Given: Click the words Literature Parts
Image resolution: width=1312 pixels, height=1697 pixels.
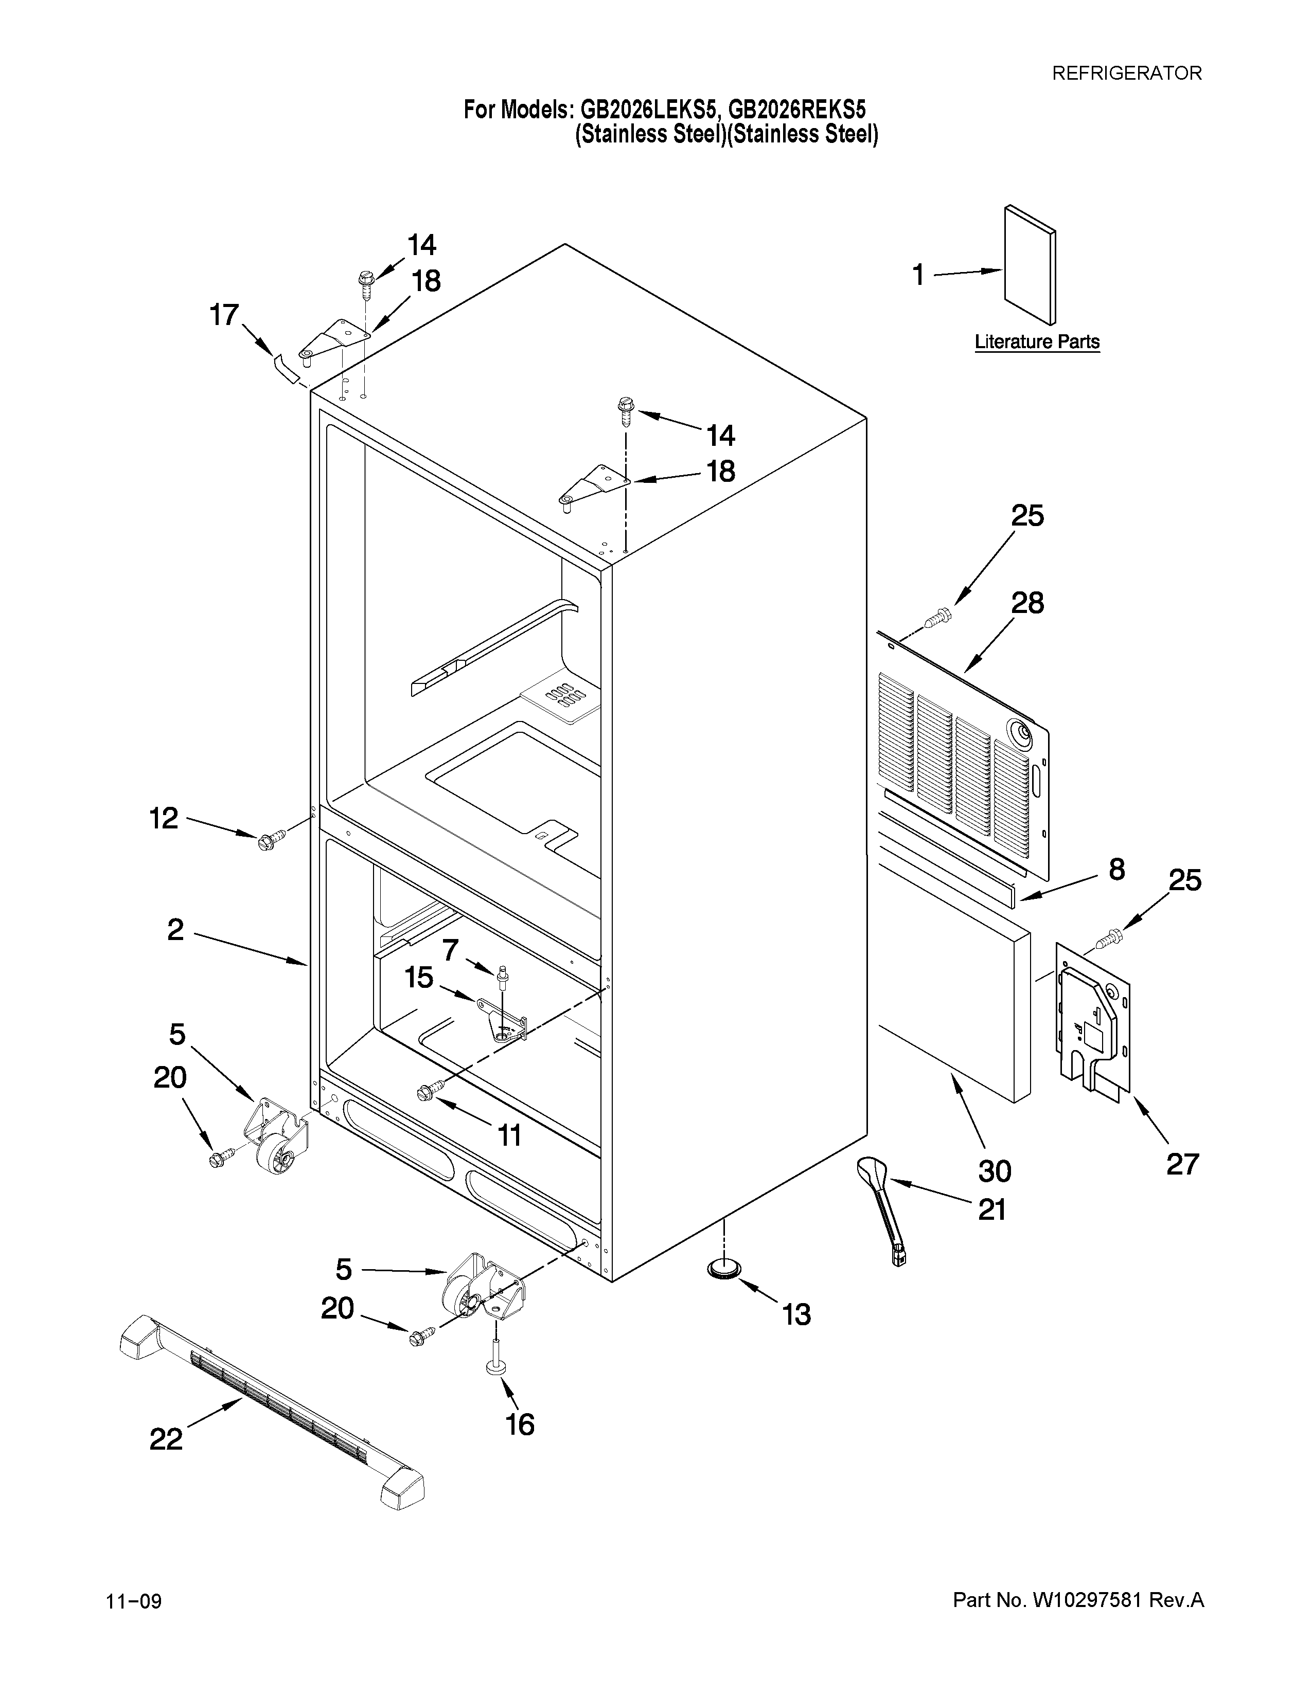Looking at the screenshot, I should pos(1037,342).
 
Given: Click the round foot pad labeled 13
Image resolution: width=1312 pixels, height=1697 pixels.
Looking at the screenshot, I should pos(723,1269).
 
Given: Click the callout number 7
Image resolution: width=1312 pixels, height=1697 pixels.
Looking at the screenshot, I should pos(451,949).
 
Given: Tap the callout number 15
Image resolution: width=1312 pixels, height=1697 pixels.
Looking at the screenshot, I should pos(419,978).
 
